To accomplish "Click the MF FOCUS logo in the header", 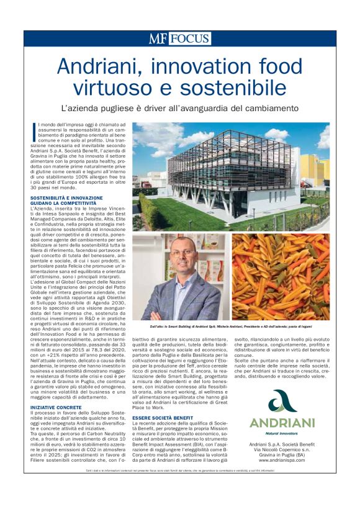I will [179, 38].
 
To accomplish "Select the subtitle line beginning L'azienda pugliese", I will [179, 108].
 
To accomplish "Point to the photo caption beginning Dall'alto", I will [231, 325].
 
